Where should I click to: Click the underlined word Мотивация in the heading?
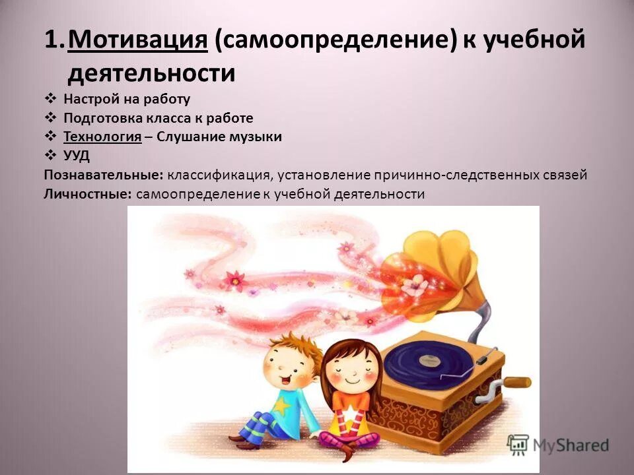(x=138, y=41)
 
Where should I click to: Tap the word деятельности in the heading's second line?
(x=151, y=73)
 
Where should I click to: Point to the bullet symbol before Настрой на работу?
(x=51, y=99)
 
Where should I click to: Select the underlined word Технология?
(x=102, y=137)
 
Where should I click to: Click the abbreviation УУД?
(x=77, y=156)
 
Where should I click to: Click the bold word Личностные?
(x=88, y=194)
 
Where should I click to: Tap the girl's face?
(x=349, y=369)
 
